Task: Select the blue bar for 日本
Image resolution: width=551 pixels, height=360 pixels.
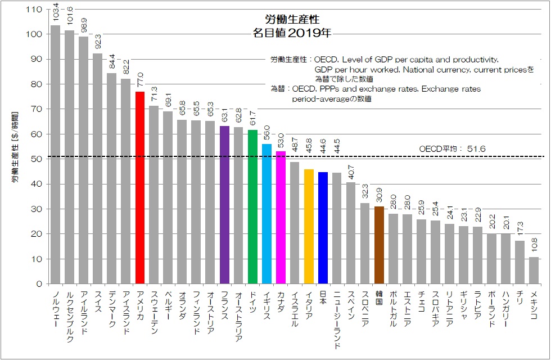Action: [323, 228]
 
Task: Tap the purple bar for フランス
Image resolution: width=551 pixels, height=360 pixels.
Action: [224, 205]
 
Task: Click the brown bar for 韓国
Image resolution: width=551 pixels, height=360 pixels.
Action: [379, 245]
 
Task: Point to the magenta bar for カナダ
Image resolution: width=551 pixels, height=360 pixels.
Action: [281, 217]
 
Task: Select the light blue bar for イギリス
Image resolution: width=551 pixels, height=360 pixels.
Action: [267, 214]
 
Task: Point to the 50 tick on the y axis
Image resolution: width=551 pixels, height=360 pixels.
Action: [37, 159]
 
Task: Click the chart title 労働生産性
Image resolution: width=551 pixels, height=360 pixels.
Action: [292, 20]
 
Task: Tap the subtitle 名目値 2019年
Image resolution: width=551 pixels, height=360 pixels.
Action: [292, 33]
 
